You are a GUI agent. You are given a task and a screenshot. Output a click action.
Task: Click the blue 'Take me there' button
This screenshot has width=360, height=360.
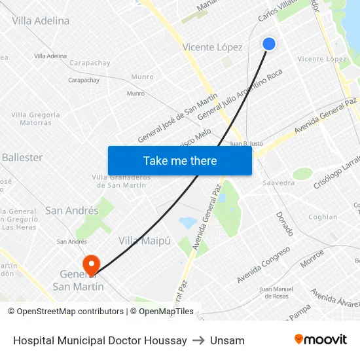(x=180, y=160)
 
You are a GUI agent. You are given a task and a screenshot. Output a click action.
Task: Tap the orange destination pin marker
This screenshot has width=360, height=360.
(x=90, y=264)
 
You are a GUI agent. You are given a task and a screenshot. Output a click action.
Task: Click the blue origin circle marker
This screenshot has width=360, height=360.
(x=269, y=44)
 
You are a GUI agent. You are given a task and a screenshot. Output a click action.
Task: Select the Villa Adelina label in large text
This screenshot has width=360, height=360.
(x=41, y=21)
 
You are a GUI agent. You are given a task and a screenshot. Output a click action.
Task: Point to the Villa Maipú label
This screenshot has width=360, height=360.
(x=145, y=241)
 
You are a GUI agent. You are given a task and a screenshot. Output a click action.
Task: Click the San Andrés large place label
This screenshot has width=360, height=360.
(x=72, y=211)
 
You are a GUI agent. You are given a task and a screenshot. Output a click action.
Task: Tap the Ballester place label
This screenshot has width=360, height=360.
(x=22, y=158)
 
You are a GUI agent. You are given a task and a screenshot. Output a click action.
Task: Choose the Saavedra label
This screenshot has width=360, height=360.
(x=279, y=183)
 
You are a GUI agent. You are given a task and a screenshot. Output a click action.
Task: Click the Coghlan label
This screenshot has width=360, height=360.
(x=323, y=217)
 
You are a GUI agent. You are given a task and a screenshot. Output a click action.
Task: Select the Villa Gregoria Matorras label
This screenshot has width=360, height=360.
(x=35, y=118)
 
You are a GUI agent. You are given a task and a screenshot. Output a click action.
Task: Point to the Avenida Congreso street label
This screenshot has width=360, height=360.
(x=263, y=265)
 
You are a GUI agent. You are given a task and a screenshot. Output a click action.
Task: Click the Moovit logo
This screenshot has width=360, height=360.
(x=320, y=340)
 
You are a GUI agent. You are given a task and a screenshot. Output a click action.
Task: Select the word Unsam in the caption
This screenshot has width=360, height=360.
(x=227, y=340)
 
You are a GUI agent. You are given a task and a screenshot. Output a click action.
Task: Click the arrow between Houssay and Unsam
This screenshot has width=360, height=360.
(x=198, y=340)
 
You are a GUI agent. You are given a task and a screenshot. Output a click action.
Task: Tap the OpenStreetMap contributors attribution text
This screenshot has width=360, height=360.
(x=65, y=312)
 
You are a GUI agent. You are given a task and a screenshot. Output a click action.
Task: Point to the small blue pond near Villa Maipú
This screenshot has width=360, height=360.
(x=188, y=223)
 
